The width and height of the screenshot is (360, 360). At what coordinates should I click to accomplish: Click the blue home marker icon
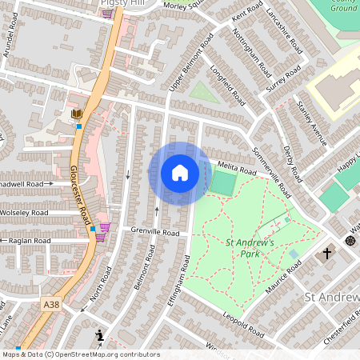(180, 173)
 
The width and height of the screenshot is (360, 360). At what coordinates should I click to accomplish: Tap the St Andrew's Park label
(250, 248)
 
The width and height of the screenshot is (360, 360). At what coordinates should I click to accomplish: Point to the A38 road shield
(52, 304)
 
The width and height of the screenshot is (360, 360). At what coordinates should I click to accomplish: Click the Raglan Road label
(30, 240)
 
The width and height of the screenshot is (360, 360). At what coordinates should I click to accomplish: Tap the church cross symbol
(326, 254)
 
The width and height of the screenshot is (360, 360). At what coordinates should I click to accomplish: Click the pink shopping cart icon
(104, 228)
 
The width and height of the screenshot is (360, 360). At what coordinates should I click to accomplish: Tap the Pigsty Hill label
(122, 3)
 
